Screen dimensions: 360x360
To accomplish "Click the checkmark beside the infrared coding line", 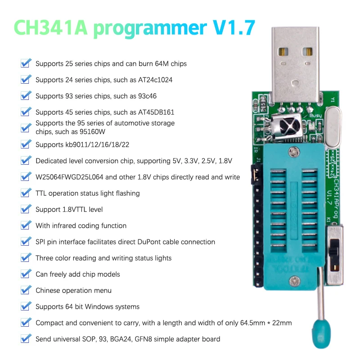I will click(26, 225).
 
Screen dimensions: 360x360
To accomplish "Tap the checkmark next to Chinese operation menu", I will click(26, 290).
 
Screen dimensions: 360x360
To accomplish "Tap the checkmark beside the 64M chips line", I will click(26, 63).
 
